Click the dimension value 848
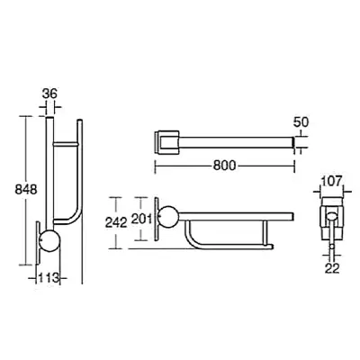pos(26,190)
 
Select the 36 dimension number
pos(49,94)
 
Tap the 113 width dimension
pos(48,278)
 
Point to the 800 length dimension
pos(224,166)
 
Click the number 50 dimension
pos(301,122)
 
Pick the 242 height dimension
pos(116,222)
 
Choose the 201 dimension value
pos(141,220)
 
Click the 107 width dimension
pos(331,181)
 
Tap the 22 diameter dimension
pos(332,268)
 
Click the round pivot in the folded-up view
pos(50,241)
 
